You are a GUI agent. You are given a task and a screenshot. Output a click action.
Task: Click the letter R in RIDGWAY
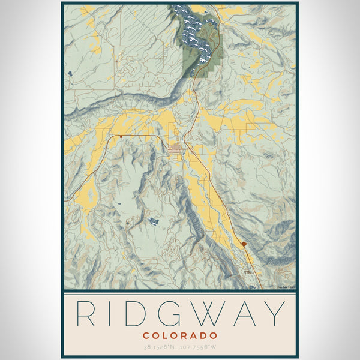pyautogui.click(x=86, y=313)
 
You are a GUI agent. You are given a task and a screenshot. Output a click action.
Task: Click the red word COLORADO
pyautogui.click(x=180, y=335)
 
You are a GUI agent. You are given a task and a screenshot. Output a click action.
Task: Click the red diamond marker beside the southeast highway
pyautogui.click(x=244, y=244)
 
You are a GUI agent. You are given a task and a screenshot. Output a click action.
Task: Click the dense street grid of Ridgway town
pyautogui.click(x=176, y=148)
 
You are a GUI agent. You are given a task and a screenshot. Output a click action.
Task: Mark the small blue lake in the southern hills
pyautogui.click(x=154, y=221)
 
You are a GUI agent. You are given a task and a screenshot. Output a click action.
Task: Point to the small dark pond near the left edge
pyautogui.click(x=71, y=73)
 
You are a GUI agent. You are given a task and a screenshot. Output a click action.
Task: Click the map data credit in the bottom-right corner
pyautogui.click(x=285, y=287)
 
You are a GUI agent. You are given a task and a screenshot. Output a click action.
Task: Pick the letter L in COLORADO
pyautogui.click(x=165, y=335)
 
